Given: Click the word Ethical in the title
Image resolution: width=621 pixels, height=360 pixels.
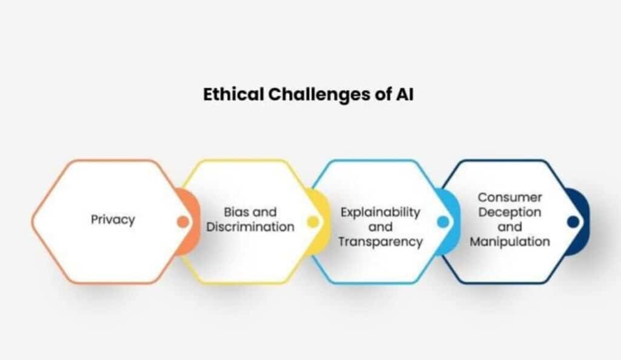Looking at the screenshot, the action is point(233,95).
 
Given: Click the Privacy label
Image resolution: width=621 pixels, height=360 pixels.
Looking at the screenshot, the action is point(113,219).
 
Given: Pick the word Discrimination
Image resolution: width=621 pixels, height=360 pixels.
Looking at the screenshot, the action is point(250,227).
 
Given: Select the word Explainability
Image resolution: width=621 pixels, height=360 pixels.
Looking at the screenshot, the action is point(380,213).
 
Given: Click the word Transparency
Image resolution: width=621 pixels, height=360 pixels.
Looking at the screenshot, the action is point(380,242).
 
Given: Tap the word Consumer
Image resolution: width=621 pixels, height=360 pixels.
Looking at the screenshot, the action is point(509,197).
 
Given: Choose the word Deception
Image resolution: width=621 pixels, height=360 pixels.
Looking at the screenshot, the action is point(509,212).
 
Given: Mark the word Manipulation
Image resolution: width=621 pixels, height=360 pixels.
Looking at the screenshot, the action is point(509,241).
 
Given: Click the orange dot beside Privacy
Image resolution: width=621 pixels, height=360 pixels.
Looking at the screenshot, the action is point(183,222).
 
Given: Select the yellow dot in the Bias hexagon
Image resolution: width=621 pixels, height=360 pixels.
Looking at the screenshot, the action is point(313,222).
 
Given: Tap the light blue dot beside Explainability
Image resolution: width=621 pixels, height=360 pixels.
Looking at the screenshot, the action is point(443,222).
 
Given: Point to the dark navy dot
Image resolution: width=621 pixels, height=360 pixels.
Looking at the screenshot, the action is point(572,222).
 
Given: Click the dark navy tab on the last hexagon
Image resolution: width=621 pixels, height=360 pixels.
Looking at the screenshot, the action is point(583,205).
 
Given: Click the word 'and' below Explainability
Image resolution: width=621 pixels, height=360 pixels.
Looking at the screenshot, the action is point(380,227).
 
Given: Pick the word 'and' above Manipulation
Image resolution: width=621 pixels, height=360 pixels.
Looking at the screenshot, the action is point(509,227).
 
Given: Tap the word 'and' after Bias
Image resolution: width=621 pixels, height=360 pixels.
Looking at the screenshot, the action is point(264,212).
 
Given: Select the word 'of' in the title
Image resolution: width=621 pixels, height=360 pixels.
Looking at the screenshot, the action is point(383,95).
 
